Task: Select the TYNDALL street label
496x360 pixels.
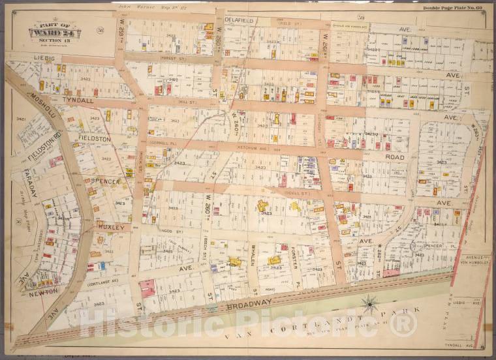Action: (x=79, y=100)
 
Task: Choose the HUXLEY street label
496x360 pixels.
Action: (x=111, y=227)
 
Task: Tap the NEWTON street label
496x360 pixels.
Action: (x=43, y=293)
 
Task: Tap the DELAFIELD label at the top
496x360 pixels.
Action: (x=239, y=20)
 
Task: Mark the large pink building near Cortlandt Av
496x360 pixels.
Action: (x=147, y=287)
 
